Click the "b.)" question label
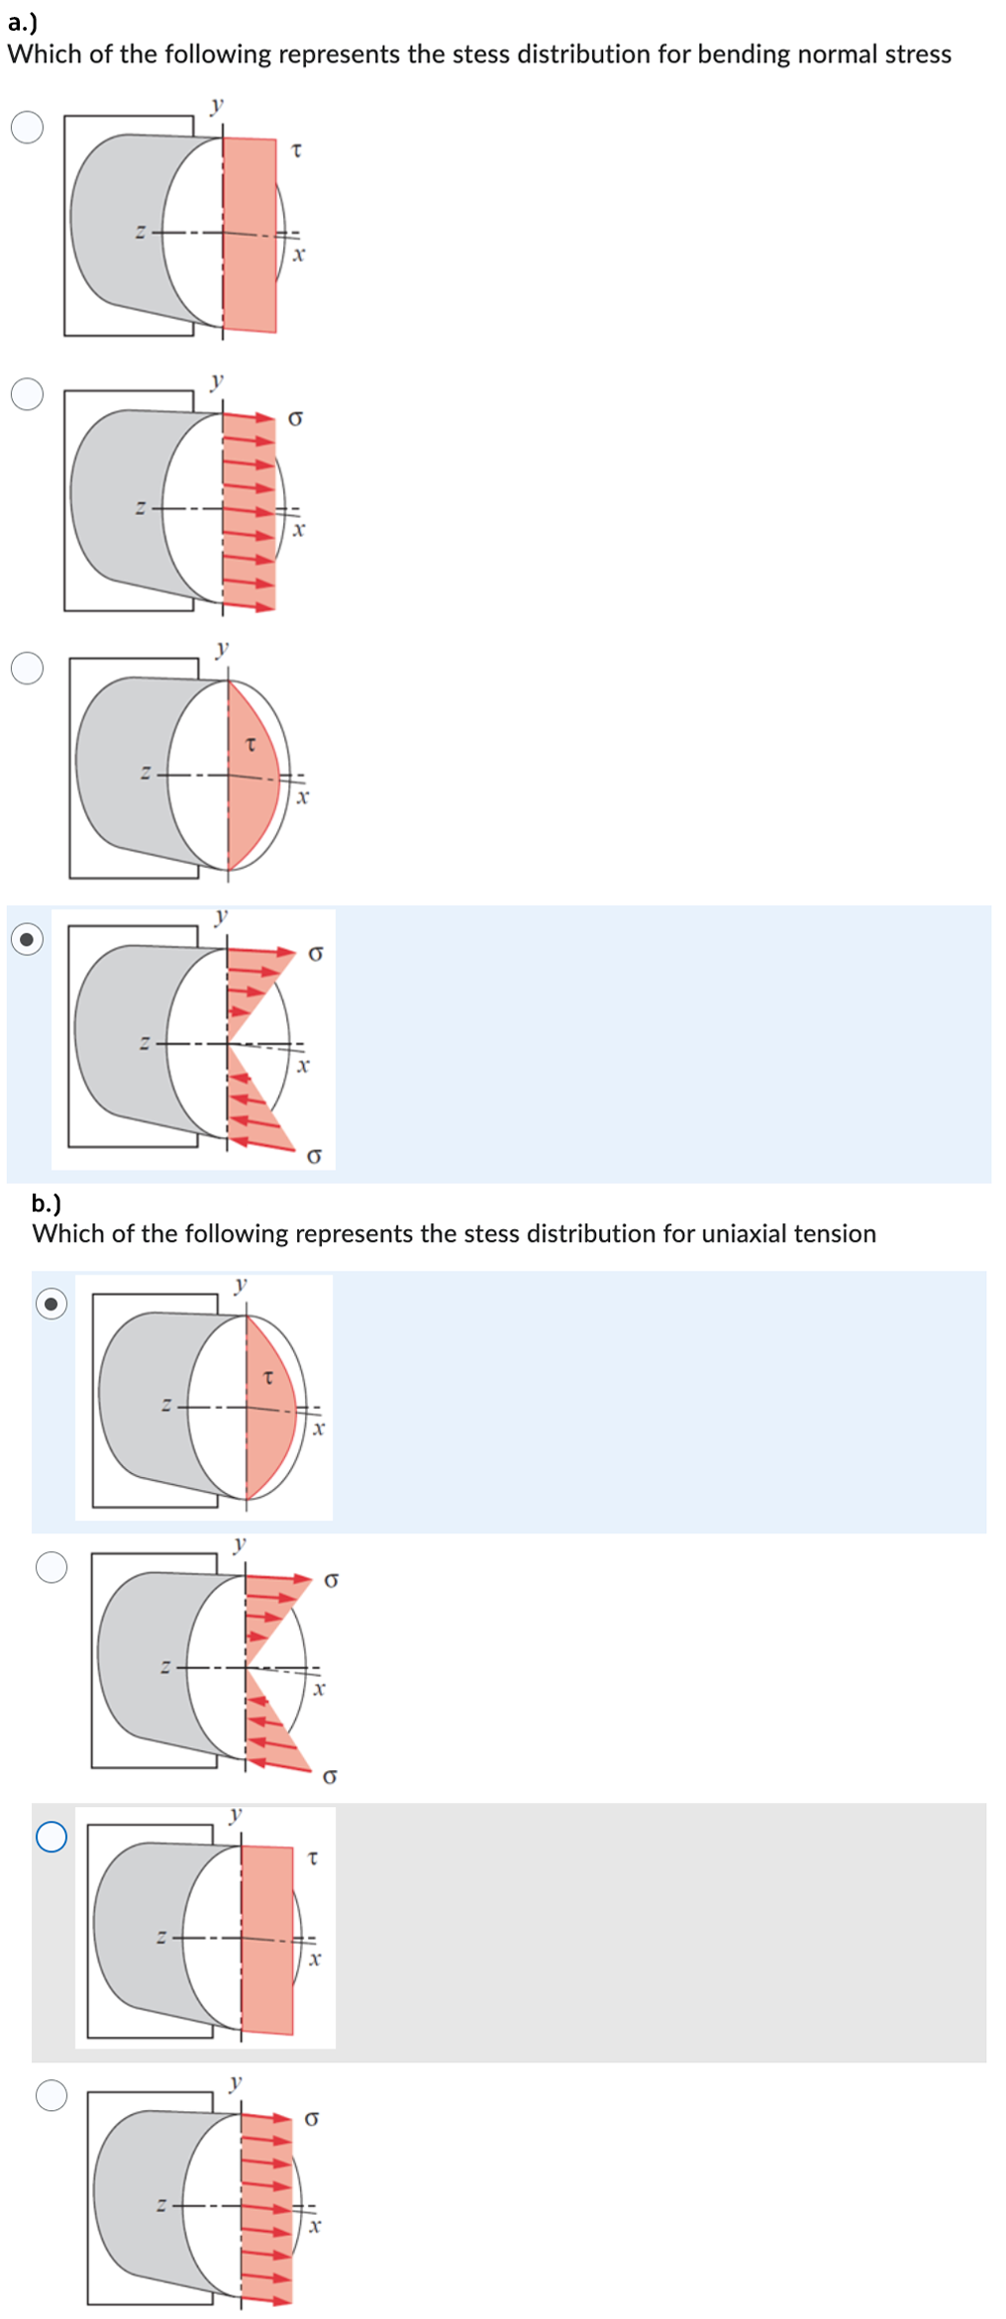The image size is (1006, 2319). pyautogui.click(x=47, y=1204)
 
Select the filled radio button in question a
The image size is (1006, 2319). pyautogui.click(x=27, y=938)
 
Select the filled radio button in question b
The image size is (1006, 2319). pyautogui.click(x=51, y=1304)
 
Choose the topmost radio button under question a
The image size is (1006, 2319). pyautogui.click(x=27, y=127)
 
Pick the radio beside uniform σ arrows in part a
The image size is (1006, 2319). pyautogui.click(x=27, y=393)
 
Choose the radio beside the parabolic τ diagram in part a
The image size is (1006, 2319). pyautogui.click(x=27, y=668)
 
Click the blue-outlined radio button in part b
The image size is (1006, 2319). pyautogui.click(x=51, y=1837)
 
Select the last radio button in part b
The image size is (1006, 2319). pyautogui.click(x=51, y=2095)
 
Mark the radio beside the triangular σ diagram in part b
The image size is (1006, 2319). pyautogui.click(x=51, y=1567)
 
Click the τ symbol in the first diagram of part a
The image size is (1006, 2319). pyautogui.click(x=296, y=151)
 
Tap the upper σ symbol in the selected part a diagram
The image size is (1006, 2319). pyautogui.click(x=316, y=954)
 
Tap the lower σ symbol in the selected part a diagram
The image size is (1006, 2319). pyautogui.click(x=314, y=1156)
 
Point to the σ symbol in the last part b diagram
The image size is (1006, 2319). pyautogui.click(x=311, y=2118)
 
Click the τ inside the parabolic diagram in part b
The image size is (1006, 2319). pyautogui.click(x=267, y=1377)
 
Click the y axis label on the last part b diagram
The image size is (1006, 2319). pyautogui.click(x=236, y=2082)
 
